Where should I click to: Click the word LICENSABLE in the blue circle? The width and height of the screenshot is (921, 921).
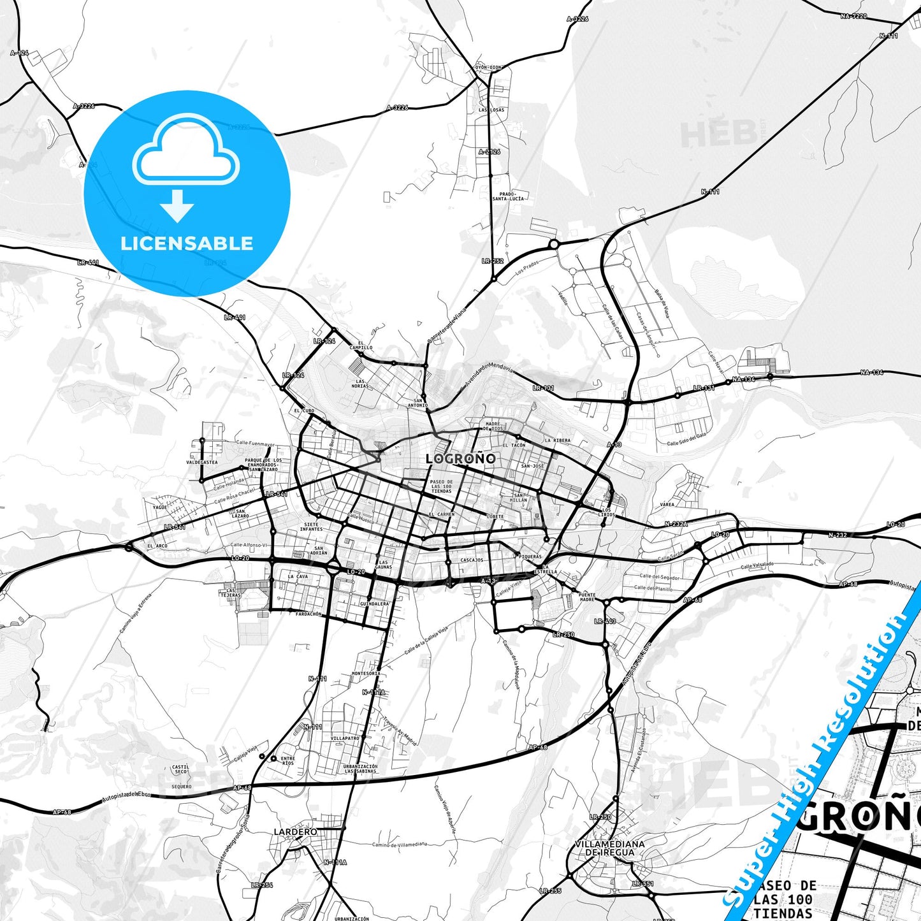tap(187, 243)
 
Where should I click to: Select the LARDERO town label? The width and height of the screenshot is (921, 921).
tap(295, 832)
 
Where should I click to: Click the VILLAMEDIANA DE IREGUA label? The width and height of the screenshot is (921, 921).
tap(609, 848)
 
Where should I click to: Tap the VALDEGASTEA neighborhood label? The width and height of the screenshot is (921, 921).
tap(202, 462)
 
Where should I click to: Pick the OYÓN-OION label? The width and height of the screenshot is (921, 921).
tap(488, 67)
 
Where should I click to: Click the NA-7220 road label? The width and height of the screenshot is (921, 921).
tap(853, 16)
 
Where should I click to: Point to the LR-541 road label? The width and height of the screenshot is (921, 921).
tap(277, 494)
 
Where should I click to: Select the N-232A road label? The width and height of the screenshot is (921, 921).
tap(676, 524)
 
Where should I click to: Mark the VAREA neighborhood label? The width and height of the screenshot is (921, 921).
tap(667, 504)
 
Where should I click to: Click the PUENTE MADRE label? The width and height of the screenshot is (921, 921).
tap(586, 597)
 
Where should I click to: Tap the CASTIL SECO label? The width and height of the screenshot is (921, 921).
tap(180, 769)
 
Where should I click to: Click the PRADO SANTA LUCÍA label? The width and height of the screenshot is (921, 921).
tap(508, 196)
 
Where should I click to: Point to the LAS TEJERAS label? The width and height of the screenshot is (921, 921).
tap(230, 593)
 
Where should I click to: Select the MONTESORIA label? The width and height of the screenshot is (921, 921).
tap(366, 673)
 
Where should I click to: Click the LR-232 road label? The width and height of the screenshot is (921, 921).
tap(493, 261)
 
